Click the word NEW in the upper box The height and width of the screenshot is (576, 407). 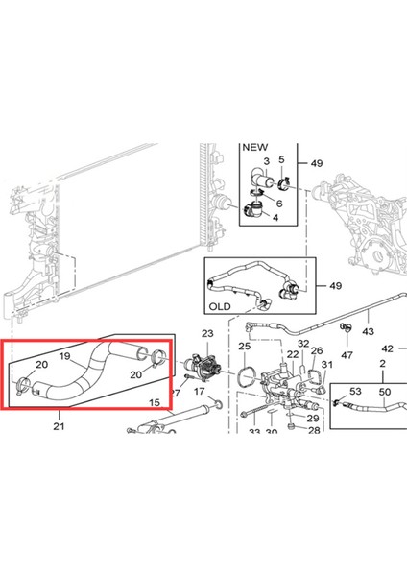[255, 147]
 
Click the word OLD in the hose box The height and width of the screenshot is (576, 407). [220, 306]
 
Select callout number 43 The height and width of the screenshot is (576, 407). [368, 331]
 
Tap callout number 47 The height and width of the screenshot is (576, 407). [347, 355]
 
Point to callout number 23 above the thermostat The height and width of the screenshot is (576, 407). [207, 333]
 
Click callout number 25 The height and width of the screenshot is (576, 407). [244, 346]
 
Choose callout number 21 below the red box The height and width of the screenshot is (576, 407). [59, 426]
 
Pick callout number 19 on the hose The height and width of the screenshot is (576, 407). [64, 356]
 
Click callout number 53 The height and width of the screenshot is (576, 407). [355, 391]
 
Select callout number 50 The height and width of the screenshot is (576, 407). [385, 392]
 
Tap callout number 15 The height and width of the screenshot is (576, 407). [155, 402]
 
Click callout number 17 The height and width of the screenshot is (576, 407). [199, 392]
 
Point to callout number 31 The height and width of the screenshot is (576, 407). [327, 365]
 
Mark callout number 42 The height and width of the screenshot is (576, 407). [388, 348]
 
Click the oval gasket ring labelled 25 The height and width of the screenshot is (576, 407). [247, 375]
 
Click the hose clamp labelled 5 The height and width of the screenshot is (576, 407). [284, 183]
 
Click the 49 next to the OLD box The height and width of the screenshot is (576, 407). [335, 285]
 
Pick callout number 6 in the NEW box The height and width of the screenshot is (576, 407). [279, 204]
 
